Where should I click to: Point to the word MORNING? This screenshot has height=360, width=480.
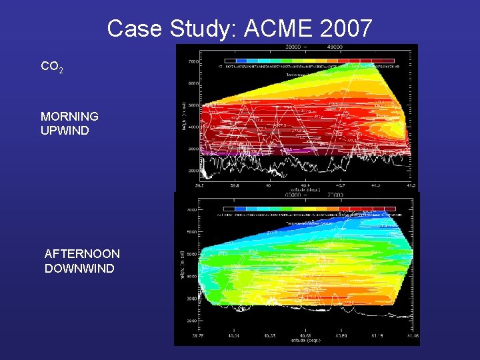69,116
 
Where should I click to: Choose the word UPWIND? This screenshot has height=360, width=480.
65,131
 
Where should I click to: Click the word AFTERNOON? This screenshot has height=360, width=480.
82,254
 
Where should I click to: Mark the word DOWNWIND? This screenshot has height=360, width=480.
79,269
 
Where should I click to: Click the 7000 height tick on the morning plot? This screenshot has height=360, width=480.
192,62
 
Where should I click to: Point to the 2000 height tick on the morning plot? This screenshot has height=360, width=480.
192,171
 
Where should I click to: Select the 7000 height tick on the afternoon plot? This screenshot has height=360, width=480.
191,209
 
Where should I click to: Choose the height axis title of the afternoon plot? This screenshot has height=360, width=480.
183,267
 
